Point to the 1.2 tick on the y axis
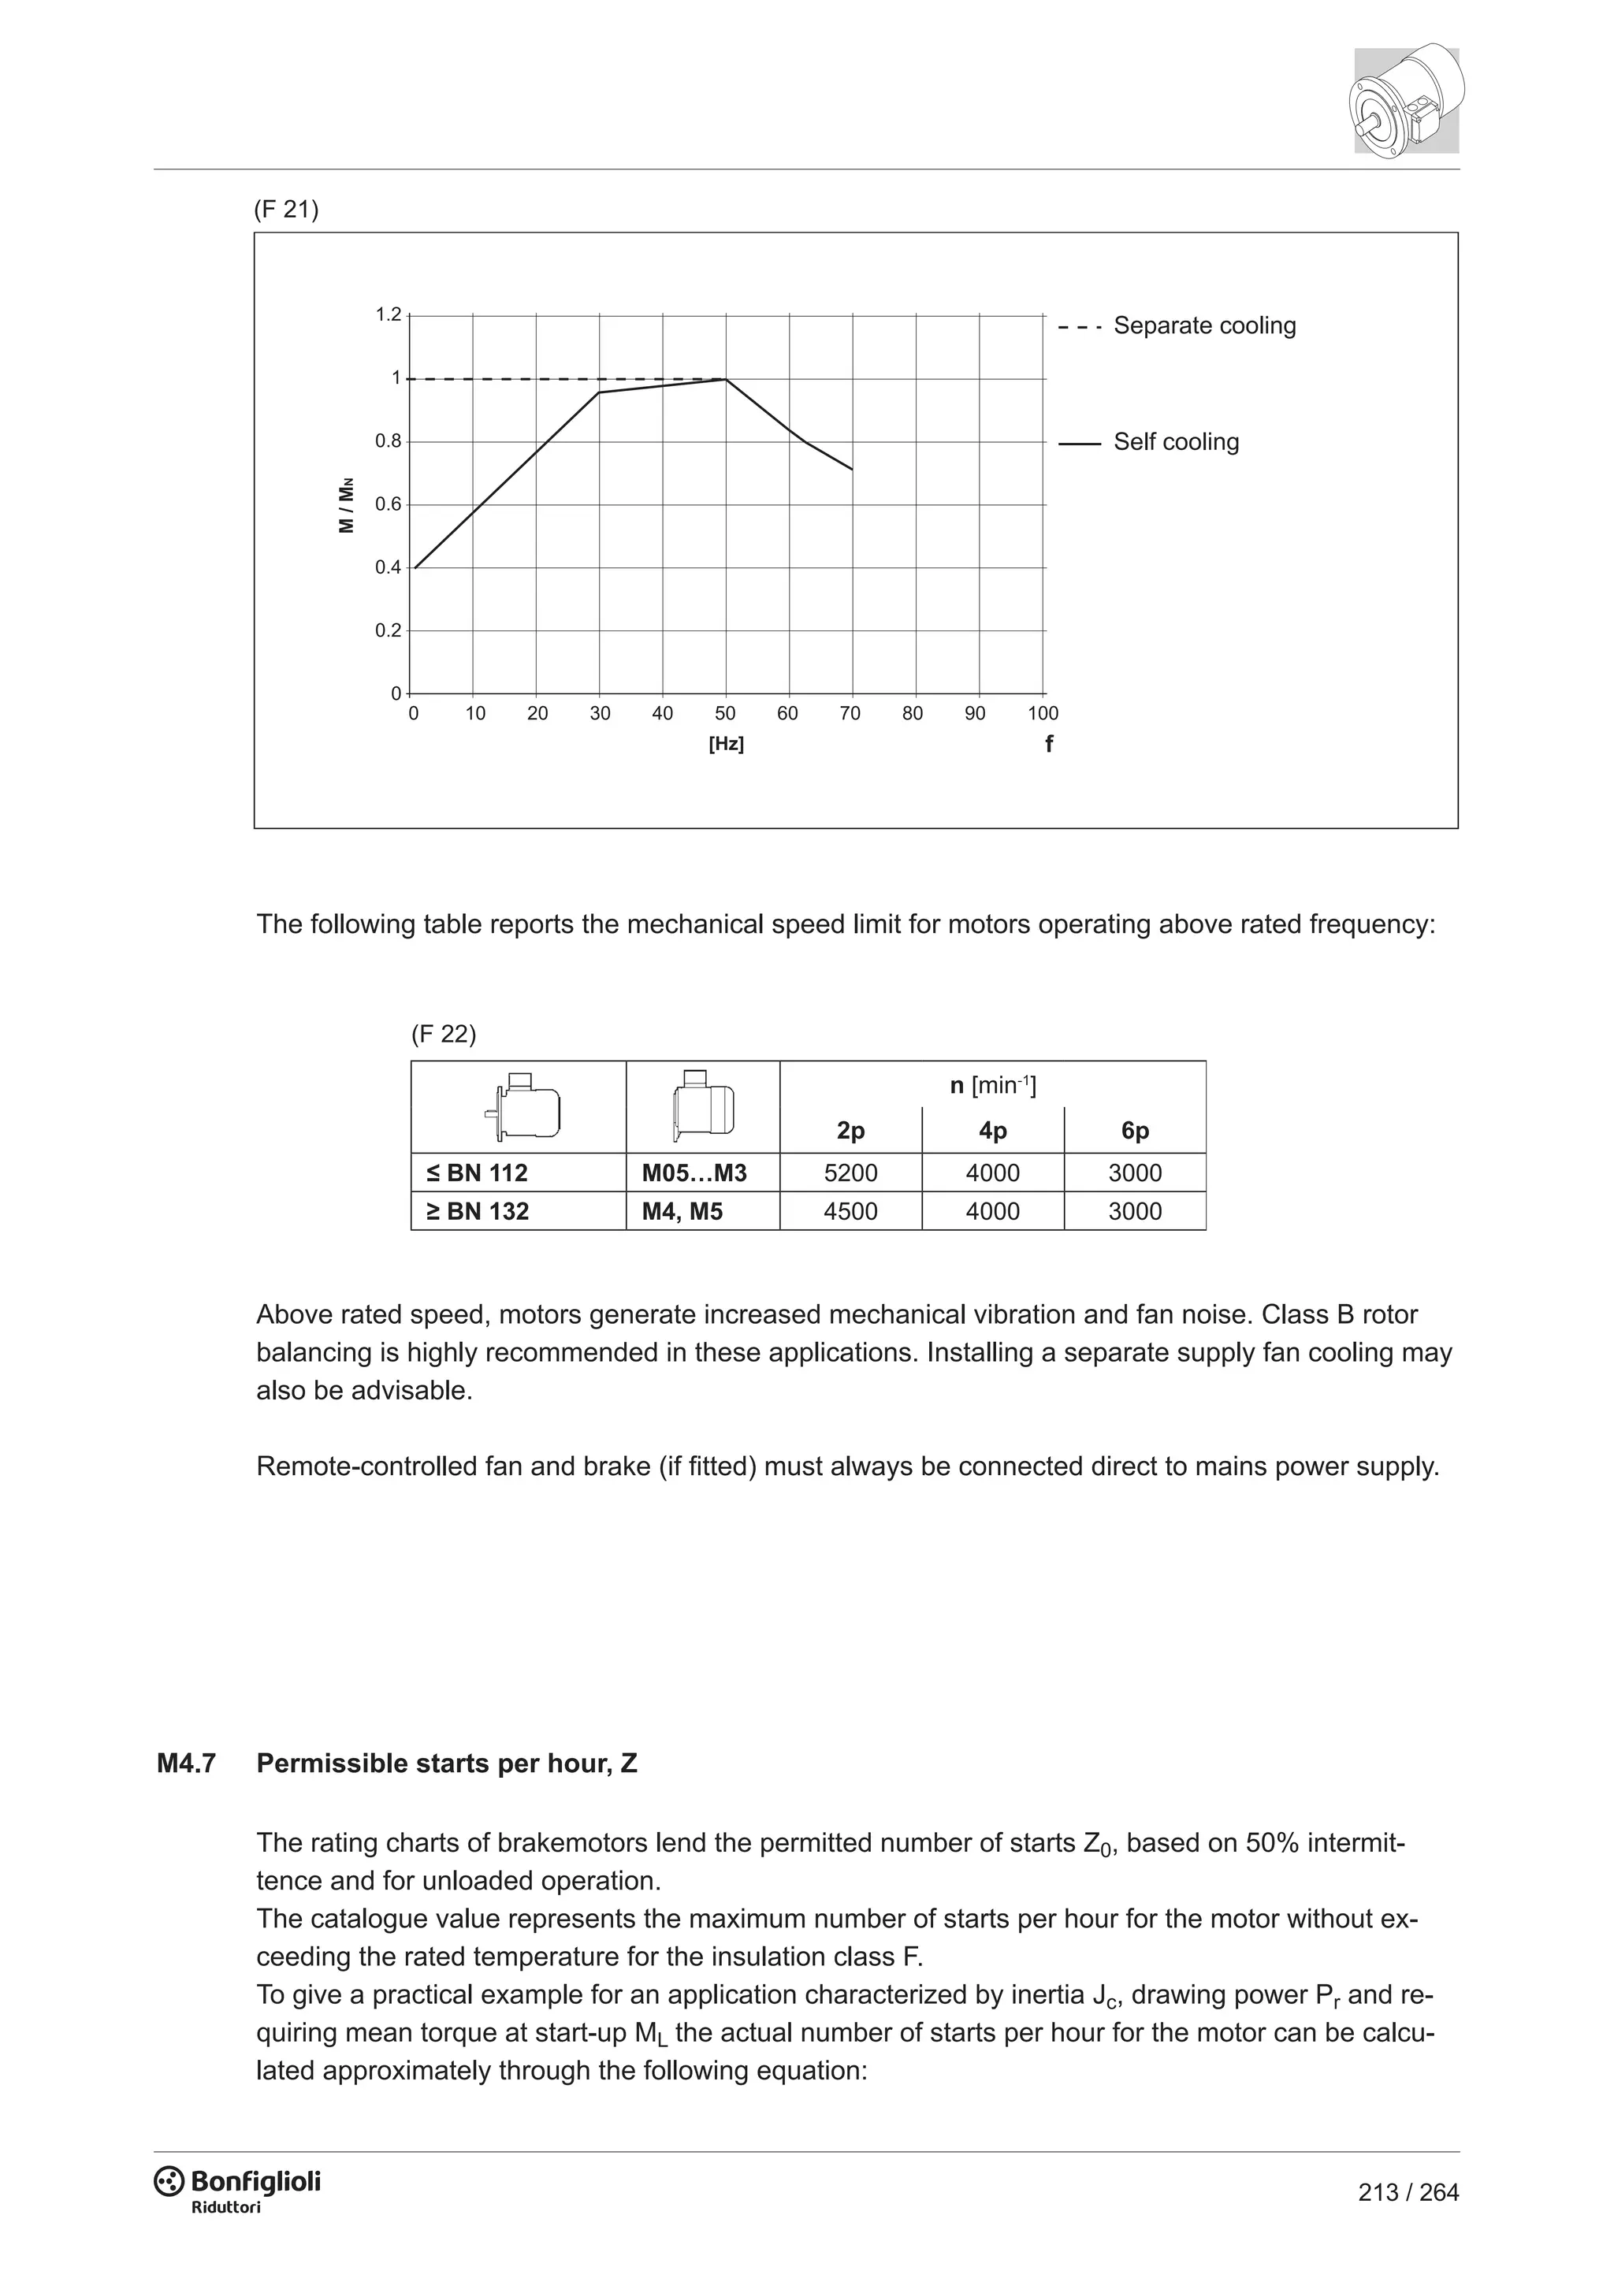[388, 315]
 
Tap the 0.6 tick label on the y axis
[388, 505]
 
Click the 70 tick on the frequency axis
[850, 714]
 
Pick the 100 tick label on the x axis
[1043, 714]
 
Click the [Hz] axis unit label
[726, 745]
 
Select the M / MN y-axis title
[346, 506]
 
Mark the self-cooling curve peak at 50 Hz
[726, 379]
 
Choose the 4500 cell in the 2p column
[850, 1212]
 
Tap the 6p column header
[1135, 1131]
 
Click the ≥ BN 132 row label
[479, 1212]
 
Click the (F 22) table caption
[443, 1035]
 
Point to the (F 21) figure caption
[286, 210]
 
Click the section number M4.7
[186, 1764]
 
